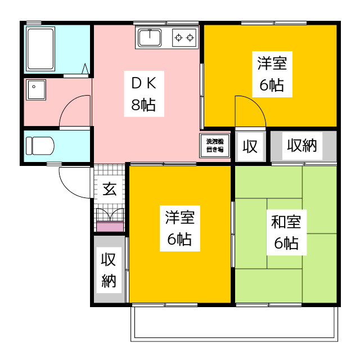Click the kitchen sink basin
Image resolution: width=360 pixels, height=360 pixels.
(150, 38)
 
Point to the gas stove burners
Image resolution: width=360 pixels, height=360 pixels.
(184, 38)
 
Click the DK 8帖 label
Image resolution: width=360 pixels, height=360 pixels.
(143, 94)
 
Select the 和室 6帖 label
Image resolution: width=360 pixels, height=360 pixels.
(286, 232)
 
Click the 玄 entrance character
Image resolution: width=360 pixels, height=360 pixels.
(109, 189)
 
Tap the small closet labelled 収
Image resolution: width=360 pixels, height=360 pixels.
(250, 146)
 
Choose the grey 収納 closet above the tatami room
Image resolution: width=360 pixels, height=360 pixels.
(303, 146)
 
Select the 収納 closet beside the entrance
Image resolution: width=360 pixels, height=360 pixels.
(109, 270)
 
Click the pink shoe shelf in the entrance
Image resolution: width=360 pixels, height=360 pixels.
(110, 227)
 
